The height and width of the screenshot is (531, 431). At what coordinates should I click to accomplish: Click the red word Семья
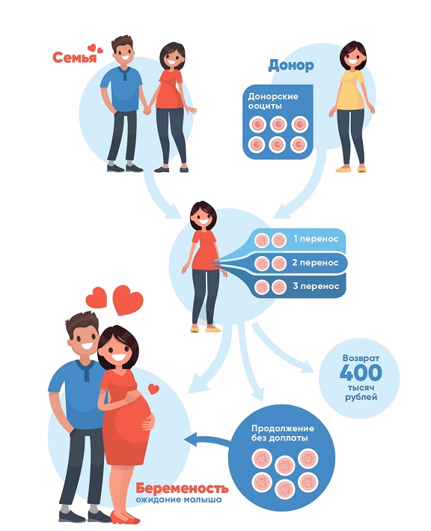point(74,57)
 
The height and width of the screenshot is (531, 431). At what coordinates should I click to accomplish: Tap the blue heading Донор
point(291,65)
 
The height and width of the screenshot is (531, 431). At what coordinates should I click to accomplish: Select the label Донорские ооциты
point(273,101)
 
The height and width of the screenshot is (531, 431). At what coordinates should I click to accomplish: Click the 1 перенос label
point(316,239)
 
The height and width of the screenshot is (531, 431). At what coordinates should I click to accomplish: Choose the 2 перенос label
point(315,262)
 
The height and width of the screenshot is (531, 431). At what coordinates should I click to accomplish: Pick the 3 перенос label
point(316,286)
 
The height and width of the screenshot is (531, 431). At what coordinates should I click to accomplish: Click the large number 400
point(361,372)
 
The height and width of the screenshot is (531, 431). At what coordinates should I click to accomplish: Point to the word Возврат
point(361,358)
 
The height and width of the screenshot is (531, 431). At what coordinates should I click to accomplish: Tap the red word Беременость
point(182,488)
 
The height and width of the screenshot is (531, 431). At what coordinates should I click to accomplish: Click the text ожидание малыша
point(179,500)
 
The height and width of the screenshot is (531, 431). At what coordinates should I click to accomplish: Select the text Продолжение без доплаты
point(283,433)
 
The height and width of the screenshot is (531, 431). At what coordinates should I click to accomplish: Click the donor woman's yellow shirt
point(350,90)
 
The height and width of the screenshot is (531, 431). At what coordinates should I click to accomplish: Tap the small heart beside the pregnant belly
point(154,389)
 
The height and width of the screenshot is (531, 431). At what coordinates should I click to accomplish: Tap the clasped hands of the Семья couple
point(147,110)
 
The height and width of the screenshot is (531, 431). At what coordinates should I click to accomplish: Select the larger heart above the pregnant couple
point(127,300)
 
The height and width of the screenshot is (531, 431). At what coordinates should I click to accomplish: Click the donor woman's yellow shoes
point(351,169)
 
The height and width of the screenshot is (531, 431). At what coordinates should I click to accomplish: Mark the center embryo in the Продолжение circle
point(285,465)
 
